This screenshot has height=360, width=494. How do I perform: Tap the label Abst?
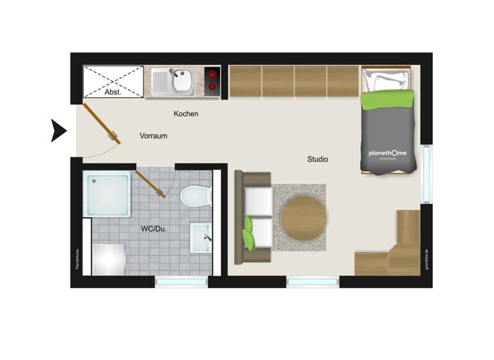[x=113, y=92]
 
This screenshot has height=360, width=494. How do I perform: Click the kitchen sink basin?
[x=182, y=82]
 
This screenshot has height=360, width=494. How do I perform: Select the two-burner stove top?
[x=212, y=82]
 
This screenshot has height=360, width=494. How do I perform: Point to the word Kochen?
[x=186, y=114]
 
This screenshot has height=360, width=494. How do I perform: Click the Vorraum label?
[x=154, y=136]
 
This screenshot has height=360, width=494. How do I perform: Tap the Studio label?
[x=317, y=159]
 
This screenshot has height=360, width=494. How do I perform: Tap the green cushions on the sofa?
[x=249, y=233]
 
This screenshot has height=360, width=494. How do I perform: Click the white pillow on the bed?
[x=385, y=81]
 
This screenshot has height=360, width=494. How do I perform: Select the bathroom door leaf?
[x=150, y=184]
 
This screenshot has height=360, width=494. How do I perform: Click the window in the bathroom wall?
[x=182, y=282]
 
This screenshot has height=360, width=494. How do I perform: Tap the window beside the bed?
[x=426, y=174]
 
